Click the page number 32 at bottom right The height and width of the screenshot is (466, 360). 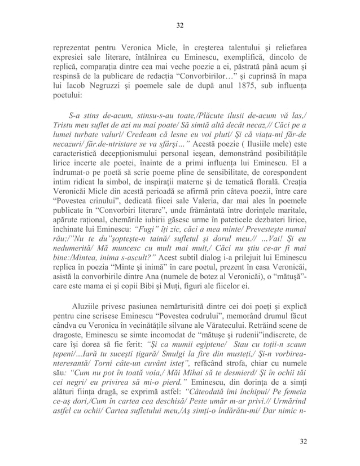(304, 441)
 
